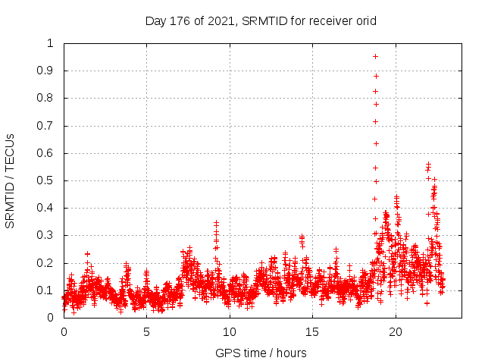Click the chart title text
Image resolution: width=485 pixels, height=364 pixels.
(261, 20)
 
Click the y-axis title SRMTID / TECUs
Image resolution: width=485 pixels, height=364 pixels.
(11, 180)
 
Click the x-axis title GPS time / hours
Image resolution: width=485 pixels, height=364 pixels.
(261, 353)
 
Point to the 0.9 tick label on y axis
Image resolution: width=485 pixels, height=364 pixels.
(47, 71)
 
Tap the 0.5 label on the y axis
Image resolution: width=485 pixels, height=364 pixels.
(47, 180)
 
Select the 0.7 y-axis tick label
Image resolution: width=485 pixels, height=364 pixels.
(47, 126)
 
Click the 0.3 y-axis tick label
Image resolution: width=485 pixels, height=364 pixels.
(47, 235)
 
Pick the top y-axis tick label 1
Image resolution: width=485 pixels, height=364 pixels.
(51, 43)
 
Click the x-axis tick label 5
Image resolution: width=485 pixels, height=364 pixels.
(146, 331)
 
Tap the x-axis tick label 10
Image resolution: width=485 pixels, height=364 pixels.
(230, 331)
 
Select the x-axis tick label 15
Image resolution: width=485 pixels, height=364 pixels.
(313, 331)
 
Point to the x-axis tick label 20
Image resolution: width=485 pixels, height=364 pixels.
(396, 331)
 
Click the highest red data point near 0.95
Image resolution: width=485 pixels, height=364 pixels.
(375, 56)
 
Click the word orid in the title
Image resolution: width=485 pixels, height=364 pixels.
(365, 20)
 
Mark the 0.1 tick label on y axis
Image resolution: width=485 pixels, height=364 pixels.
(47, 290)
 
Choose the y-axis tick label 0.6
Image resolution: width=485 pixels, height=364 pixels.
(47, 153)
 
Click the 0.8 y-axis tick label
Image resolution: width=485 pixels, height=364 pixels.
(47, 99)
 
